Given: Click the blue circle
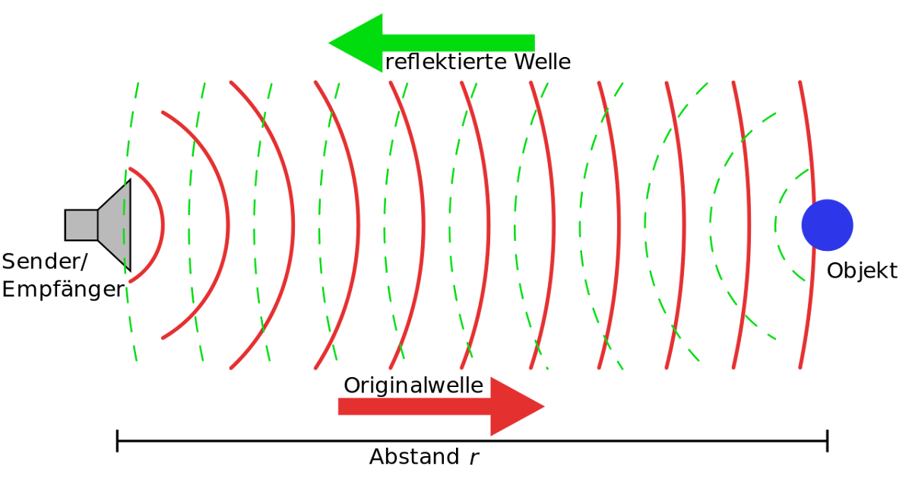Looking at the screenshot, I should click(x=828, y=225).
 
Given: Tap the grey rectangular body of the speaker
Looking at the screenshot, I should click(x=81, y=225).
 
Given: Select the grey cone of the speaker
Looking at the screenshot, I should click(x=116, y=225).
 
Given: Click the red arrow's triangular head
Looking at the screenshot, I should click(x=512, y=407).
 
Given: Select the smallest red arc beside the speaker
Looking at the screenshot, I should click(x=163, y=225).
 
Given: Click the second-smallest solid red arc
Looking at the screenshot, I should click(x=228, y=225).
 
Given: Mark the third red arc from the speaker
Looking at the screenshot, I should click(x=293, y=225).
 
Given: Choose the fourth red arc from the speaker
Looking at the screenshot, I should click(x=359, y=225).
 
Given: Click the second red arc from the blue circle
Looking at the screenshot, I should click(x=749, y=225).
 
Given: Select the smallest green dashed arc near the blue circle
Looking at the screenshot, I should click(x=776, y=225).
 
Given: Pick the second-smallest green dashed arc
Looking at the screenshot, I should click(x=711, y=225).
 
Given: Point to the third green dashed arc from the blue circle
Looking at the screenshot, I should click(x=645, y=225).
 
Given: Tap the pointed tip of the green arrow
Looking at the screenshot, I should click(x=329, y=43).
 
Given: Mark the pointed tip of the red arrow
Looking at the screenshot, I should click(x=544, y=407).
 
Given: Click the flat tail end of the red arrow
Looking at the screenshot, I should click(x=339, y=407).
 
